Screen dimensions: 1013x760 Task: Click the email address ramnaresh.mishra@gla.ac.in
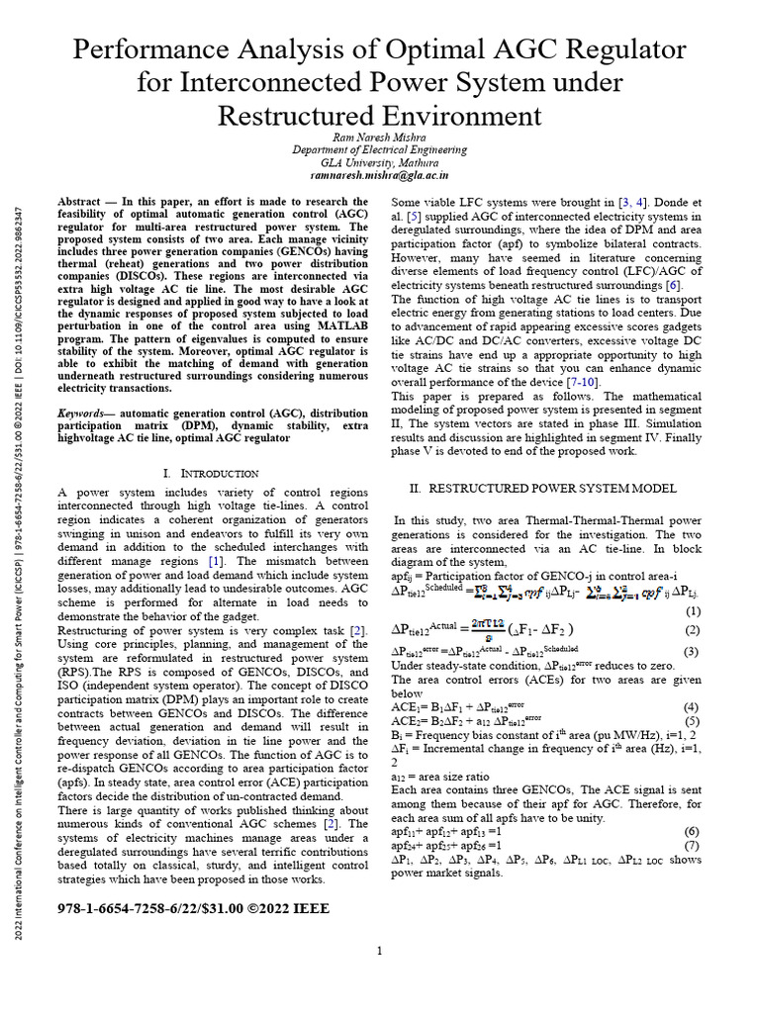tap(379, 175)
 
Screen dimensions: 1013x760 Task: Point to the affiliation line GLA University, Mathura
tap(379, 162)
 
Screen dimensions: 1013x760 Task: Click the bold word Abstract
tap(79, 201)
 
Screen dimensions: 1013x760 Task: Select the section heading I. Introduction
tap(211, 474)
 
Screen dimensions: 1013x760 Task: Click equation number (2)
tap(692, 630)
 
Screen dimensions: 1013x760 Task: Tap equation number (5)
tap(692, 721)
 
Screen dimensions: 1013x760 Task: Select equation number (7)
tap(692, 845)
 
